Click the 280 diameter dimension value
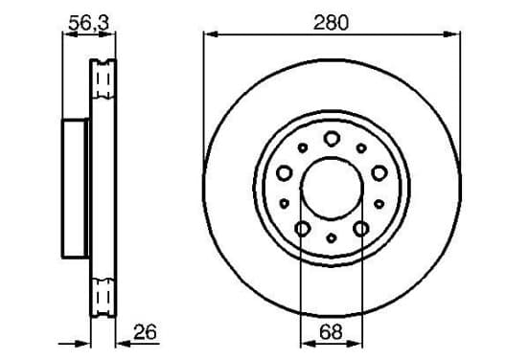pyautogui.click(x=331, y=23)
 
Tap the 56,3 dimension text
pyautogui.click(x=89, y=23)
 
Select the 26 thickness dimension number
pyautogui.click(x=145, y=332)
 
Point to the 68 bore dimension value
pyautogui.click(x=331, y=332)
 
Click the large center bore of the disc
pyautogui.click(x=332, y=188)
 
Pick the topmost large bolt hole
pyautogui.click(x=332, y=138)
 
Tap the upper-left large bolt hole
pyautogui.click(x=284, y=173)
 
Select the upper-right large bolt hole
pyautogui.click(x=379, y=173)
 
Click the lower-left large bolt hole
pyautogui.click(x=302, y=229)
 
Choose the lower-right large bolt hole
pyautogui.click(x=361, y=229)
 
